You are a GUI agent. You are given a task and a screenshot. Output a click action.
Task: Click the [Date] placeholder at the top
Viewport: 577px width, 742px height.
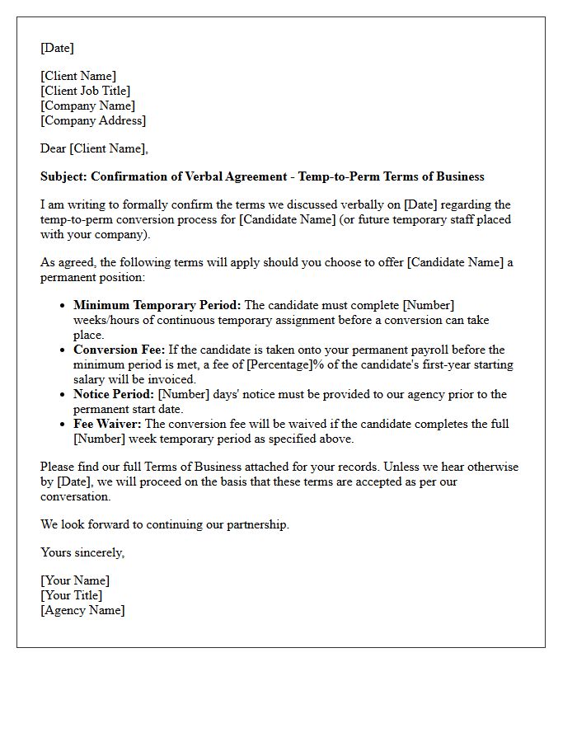coord(57,48)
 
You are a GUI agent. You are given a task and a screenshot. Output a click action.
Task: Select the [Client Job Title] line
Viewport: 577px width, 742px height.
coord(86,91)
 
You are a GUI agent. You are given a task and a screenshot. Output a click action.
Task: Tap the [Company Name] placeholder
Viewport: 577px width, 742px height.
coord(87,106)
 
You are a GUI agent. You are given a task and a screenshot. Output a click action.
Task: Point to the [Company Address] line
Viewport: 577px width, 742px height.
coord(93,120)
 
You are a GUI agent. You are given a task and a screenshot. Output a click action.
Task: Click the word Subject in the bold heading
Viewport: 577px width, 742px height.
coord(64,176)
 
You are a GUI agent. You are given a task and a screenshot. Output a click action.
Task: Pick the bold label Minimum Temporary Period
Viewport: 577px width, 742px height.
coord(157,305)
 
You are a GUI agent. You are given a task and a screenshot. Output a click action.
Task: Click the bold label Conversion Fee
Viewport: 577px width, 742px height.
coord(119,350)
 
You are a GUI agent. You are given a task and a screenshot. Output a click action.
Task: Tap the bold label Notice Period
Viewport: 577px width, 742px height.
coord(113,394)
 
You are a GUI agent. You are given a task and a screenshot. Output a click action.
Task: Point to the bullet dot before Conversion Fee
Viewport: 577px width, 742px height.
coord(63,350)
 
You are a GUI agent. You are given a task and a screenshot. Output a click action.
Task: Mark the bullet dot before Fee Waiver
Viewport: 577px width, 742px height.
coord(63,424)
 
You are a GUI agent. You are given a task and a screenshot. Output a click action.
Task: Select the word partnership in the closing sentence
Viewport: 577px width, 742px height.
coord(256,524)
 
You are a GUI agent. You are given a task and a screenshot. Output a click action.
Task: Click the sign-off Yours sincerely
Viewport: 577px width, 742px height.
coord(82,552)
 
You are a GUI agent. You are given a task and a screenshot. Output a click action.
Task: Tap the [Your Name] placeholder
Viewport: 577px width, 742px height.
coord(75,580)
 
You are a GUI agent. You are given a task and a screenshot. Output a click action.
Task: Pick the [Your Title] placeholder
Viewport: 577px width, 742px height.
coord(72,595)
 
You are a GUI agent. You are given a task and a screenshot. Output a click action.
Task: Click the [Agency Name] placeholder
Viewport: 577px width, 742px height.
coord(82,610)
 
